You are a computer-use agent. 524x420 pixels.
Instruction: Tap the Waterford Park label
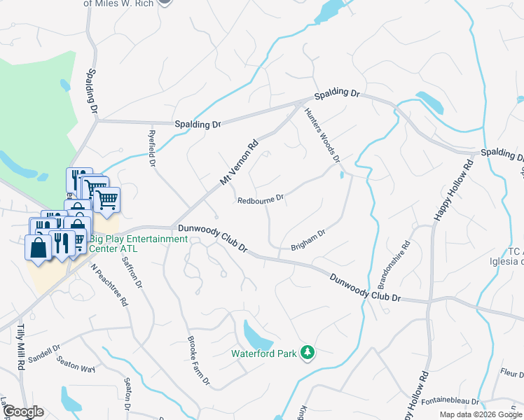pyautogui.click(x=265, y=353)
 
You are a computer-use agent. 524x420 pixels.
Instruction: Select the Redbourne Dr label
pyautogui.click(x=260, y=199)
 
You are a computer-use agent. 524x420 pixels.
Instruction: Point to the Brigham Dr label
pyautogui.click(x=308, y=241)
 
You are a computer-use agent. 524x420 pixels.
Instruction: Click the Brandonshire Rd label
pyautogui.click(x=393, y=266)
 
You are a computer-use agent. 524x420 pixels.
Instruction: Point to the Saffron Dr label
pyautogui.click(x=132, y=273)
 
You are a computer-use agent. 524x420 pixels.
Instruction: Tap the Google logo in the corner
pyautogui.click(x=22, y=412)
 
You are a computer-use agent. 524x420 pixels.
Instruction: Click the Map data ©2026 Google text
pyautogui.click(x=481, y=414)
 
